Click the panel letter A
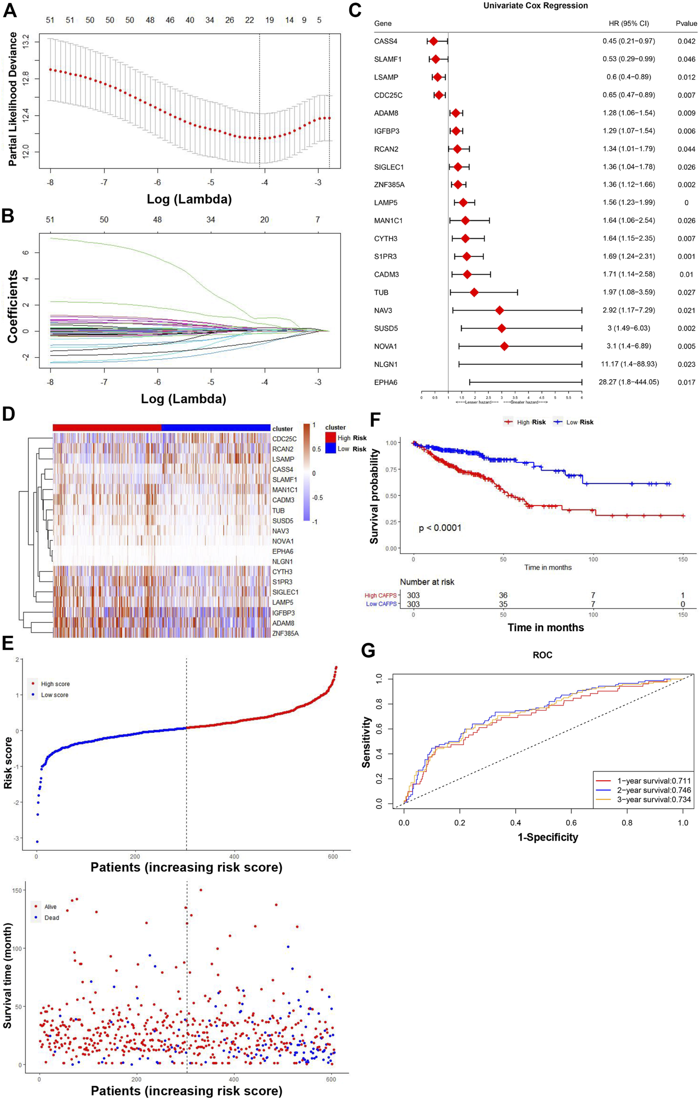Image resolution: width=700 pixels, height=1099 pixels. tap(10, 10)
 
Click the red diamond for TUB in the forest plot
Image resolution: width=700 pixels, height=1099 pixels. tap(474, 292)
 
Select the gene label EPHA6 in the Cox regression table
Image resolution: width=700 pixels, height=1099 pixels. tap(385, 382)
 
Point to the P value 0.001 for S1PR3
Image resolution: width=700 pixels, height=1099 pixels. tap(686, 256)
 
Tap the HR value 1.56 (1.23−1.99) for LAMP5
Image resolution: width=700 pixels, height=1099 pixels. tap(628, 203)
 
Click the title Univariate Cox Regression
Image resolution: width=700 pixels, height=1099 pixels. tap(535, 6)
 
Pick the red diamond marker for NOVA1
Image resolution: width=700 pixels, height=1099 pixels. tap(504, 346)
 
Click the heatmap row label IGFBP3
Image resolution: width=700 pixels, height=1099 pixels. tap(283, 613)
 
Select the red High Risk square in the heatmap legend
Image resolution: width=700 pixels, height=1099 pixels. tap(331, 438)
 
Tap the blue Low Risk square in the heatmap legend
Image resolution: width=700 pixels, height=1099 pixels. tap(331, 449)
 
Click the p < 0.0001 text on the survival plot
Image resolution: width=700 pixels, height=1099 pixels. tap(440, 528)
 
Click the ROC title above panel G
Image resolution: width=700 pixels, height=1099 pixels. tap(542, 655)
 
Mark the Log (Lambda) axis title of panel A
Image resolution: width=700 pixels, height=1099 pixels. tap(189, 199)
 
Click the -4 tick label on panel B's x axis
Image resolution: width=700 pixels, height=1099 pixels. tap(265, 382)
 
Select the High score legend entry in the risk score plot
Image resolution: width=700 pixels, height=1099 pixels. tap(55, 684)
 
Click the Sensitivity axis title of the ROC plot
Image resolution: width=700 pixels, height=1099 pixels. tap(366, 742)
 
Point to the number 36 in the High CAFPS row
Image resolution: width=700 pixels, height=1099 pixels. tap(503, 595)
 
